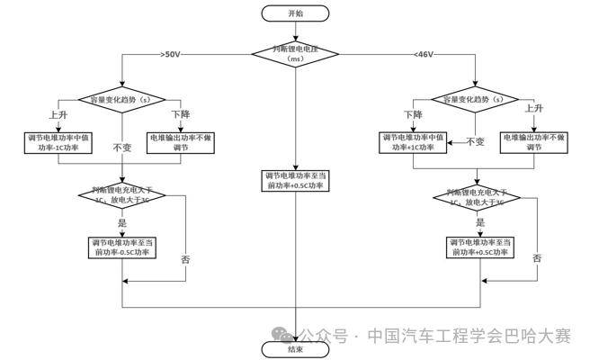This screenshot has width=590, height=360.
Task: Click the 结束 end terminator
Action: [296, 348]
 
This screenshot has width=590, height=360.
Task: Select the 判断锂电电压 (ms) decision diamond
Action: [296, 54]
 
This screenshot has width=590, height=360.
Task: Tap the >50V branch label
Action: [170, 55]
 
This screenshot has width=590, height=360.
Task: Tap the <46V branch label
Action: [425, 55]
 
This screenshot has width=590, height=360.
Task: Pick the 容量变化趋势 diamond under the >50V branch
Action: [121, 98]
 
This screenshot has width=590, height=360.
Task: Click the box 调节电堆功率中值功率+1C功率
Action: [416, 142]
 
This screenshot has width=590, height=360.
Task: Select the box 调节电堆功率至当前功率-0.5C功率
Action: [122, 247]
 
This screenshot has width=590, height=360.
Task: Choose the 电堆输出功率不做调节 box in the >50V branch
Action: [184, 142]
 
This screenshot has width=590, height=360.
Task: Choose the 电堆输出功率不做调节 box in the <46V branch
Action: [538, 142]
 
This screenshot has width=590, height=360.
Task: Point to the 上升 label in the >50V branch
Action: [56, 114]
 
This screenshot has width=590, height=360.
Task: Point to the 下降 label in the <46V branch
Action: [413, 114]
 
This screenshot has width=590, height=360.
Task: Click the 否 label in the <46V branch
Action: [537, 258]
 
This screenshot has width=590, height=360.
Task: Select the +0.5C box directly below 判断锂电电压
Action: [296, 180]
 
